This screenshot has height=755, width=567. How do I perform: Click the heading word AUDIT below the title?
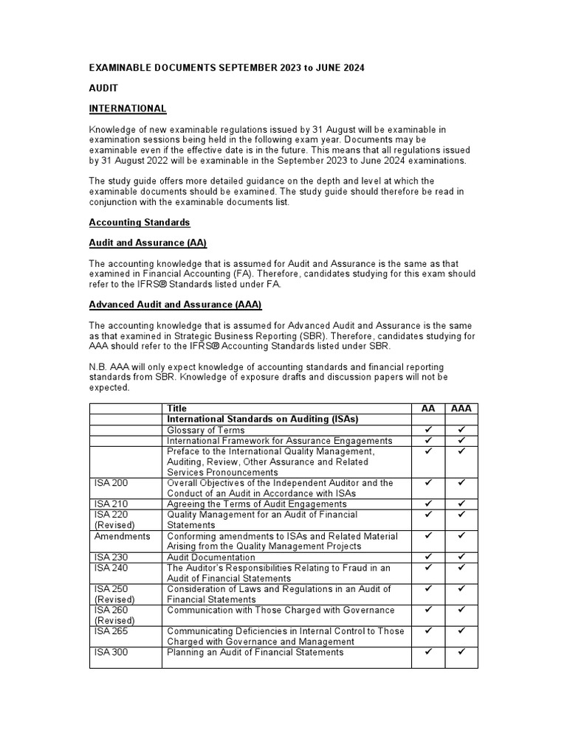[x=103, y=88]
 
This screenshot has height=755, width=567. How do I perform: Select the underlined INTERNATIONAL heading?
[x=128, y=108]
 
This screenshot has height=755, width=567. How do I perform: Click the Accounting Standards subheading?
[x=140, y=222]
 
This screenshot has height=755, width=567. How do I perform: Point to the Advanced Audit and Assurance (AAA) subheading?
[x=175, y=305]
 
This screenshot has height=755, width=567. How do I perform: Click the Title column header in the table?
[x=177, y=408]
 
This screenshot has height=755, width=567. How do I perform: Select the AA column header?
[x=427, y=408]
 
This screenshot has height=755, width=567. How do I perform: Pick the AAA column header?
[x=461, y=408]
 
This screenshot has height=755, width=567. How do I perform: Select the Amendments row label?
[x=122, y=536]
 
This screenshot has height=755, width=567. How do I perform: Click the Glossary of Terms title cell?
[x=206, y=430]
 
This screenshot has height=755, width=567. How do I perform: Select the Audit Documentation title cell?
[x=211, y=557]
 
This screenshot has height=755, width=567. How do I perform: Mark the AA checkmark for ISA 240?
[x=427, y=568]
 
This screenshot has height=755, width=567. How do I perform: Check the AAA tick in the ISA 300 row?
[x=461, y=653]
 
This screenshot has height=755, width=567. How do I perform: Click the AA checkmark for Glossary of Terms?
[x=427, y=430]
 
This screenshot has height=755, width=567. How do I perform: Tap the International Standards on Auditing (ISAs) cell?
[x=262, y=419]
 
